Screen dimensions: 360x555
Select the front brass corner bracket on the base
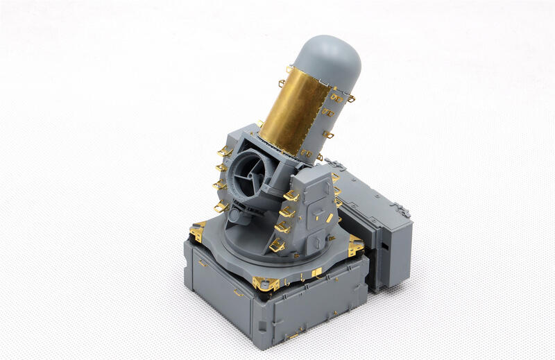[266, 283]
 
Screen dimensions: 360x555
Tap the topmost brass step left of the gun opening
[225, 151]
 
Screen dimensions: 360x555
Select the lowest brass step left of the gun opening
[221, 206]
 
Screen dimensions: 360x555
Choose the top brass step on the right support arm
[291, 196]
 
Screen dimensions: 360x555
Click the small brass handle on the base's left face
[202, 263]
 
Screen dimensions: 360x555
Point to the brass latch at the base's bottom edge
[293, 336]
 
